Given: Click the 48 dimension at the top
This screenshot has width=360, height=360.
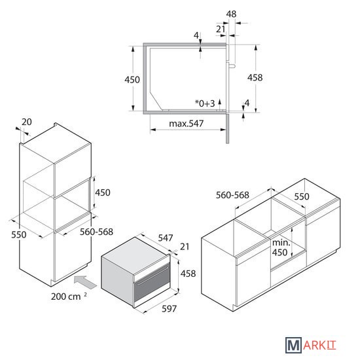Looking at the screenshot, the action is click(x=231, y=14).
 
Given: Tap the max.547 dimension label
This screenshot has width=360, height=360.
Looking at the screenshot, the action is click(x=186, y=124).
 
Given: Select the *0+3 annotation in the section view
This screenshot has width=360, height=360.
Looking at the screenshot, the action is click(x=205, y=103).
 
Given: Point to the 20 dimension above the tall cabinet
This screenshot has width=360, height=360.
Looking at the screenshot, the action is click(x=27, y=122).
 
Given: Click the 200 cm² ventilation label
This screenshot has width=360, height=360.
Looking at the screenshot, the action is click(x=69, y=297).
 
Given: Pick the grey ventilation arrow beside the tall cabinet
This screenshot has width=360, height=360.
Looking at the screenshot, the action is click(x=85, y=282).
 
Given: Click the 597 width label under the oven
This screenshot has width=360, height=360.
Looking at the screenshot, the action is click(x=170, y=309).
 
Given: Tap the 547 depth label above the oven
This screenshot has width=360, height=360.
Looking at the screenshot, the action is click(x=166, y=238).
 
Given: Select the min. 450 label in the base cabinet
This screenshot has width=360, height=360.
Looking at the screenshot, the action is click(x=281, y=247).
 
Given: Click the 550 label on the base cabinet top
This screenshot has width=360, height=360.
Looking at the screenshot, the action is click(x=302, y=196).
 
